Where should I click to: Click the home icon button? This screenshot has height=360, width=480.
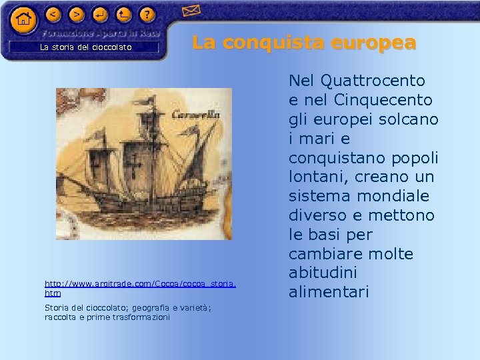tap(23, 19)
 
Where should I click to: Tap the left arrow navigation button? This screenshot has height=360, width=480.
tap(54, 13)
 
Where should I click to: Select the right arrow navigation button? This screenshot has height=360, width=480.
tap(77, 13)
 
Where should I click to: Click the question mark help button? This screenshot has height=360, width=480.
tap(147, 13)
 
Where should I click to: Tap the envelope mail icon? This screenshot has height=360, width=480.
tap(191, 11)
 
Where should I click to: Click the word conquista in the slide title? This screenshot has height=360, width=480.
tap(273, 43)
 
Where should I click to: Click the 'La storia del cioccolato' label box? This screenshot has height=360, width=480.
tap(85, 47)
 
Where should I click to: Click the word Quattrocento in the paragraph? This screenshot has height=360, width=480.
tap(373, 81)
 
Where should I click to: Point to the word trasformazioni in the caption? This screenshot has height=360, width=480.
tap(139, 317)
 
